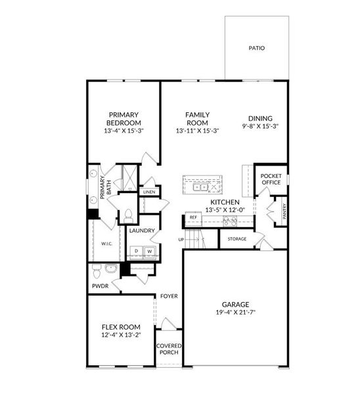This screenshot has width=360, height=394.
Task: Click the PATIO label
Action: (256, 48)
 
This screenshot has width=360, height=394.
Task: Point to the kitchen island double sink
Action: (200, 187)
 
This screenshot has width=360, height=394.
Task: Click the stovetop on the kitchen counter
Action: (230, 221)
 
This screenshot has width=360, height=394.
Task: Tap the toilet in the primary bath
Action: (129, 216)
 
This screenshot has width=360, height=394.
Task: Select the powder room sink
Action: (110, 269)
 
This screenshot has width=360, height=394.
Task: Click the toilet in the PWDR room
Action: (96, 271)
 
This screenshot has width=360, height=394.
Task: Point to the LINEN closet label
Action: (149, 192)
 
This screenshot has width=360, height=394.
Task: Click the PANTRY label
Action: (284, 211)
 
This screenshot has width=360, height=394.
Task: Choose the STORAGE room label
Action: (236, 239)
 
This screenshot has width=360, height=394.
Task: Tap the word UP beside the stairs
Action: (181, 240)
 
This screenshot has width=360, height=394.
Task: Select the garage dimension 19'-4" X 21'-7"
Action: (236, 313)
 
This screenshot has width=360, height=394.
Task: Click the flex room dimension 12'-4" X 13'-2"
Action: (121, 335)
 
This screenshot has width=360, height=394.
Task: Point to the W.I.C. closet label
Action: (107, 244)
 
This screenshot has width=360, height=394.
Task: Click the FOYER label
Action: (169, 296)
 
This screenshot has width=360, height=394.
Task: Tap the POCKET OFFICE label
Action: (271, 179)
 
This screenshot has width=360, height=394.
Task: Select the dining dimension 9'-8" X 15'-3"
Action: (260, 126)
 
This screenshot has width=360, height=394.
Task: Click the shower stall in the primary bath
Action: (130, 178)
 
